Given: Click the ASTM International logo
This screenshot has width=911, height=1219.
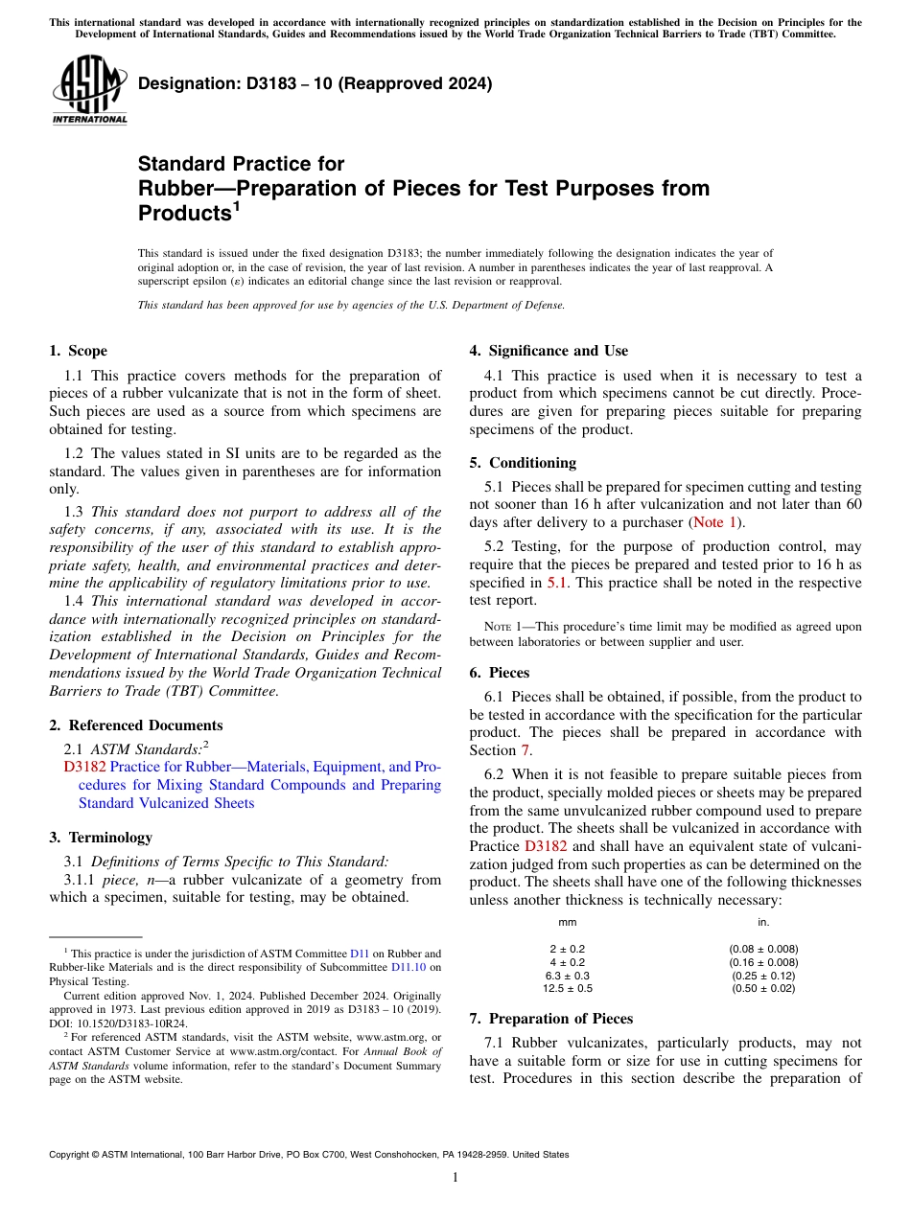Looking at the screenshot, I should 89,89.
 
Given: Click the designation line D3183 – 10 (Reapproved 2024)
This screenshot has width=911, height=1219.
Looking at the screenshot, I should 315,83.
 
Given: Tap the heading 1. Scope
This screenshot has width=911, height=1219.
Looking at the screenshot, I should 78,351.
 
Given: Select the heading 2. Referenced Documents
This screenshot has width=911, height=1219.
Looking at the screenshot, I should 136,725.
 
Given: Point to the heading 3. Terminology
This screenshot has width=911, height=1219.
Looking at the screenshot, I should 101,838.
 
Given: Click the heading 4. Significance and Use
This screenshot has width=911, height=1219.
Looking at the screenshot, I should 549,351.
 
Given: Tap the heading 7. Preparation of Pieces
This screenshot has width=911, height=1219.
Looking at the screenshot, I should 551,1019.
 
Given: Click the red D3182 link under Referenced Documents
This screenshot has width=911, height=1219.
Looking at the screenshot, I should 84,767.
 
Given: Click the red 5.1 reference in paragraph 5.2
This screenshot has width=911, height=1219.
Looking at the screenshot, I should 557,583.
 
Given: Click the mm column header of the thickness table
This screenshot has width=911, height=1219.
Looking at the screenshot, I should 567,923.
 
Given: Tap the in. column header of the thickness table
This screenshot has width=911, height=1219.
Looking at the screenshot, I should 763,923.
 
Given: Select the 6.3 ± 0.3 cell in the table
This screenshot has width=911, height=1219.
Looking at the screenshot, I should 567,976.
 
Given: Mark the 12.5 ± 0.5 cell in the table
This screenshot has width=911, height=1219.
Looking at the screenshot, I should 567,988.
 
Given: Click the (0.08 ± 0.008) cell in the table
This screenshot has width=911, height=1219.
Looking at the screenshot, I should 763,949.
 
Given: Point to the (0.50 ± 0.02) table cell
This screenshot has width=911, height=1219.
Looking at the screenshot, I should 763,988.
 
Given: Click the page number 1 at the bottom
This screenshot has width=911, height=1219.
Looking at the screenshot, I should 455,1178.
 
